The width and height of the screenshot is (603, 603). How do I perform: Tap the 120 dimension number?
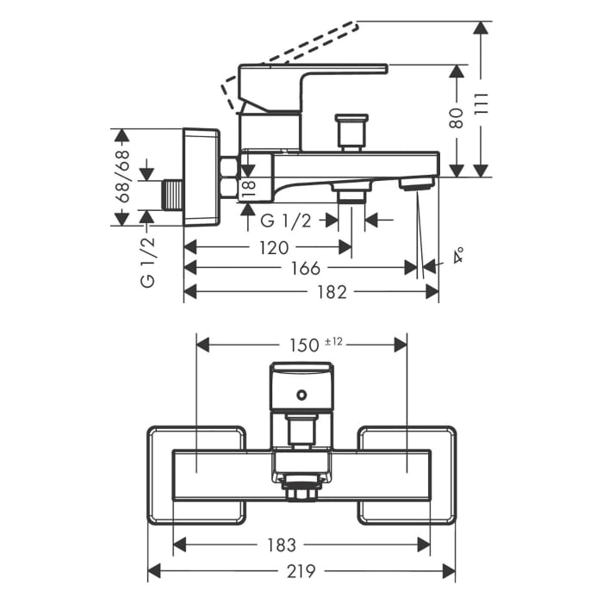(x=274, y=247)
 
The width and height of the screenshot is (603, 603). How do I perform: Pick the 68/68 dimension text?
(x=122, y=177)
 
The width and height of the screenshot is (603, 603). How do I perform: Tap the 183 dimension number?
(x=282, y=544)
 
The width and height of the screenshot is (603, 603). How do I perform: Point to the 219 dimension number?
(x=301, y=571)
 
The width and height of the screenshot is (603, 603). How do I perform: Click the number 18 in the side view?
(x=248, y=189)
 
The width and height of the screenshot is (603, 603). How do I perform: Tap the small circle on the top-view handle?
(x=301, y=395)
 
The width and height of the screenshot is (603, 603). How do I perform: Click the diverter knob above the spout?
(x=351, y=130)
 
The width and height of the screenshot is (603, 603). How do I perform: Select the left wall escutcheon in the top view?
(x=196, y=475)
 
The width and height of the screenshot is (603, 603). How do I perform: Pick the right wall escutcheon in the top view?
(x=407, y=475)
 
